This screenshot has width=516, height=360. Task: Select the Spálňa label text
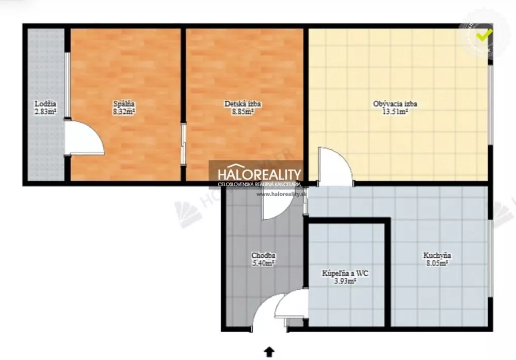[124, 104]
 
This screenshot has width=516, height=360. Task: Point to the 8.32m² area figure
[124, 111]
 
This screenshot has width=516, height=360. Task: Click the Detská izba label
[243, 104]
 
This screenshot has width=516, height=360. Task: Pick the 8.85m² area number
[243, 111]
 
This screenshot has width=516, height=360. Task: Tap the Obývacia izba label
[395, 104]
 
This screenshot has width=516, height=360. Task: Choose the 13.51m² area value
[395, 111]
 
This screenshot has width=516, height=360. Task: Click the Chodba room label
[263, 255]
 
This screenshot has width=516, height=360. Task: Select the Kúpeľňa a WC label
[345, 273]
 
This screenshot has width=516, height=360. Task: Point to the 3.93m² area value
[345, 281]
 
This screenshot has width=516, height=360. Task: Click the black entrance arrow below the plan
[269, 352]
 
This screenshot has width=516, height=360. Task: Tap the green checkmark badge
[483, 35]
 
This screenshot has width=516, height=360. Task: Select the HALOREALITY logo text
[259, 174]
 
